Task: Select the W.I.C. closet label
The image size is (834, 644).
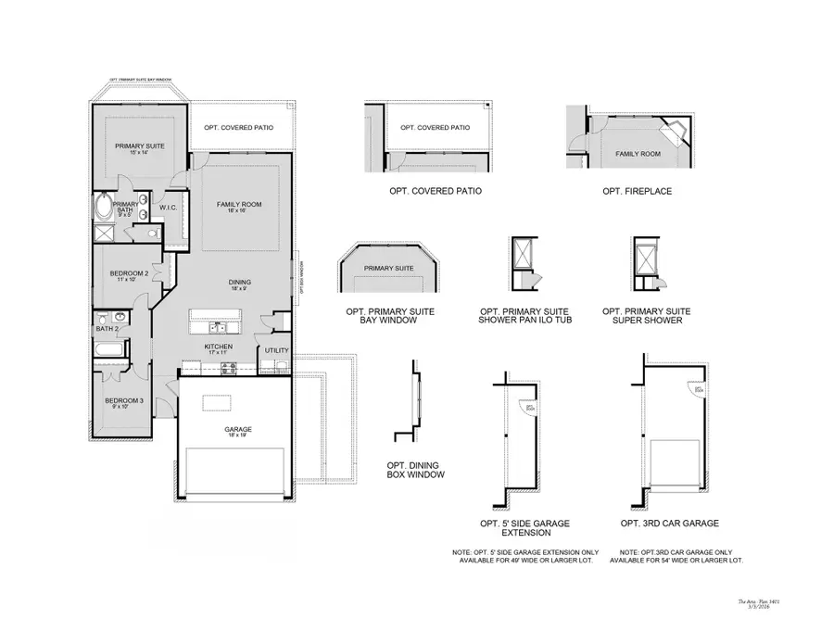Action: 168,208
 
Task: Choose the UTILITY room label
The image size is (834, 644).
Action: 276,351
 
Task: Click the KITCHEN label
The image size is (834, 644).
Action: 219,347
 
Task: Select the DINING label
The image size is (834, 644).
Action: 240,283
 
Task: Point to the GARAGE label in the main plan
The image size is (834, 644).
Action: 237,429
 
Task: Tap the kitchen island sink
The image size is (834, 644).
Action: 215,326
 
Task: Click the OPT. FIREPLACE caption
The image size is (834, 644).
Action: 637,191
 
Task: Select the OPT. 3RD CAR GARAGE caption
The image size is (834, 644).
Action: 673,524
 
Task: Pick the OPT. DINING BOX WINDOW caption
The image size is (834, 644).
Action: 415,470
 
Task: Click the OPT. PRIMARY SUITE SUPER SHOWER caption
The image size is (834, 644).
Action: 646,316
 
